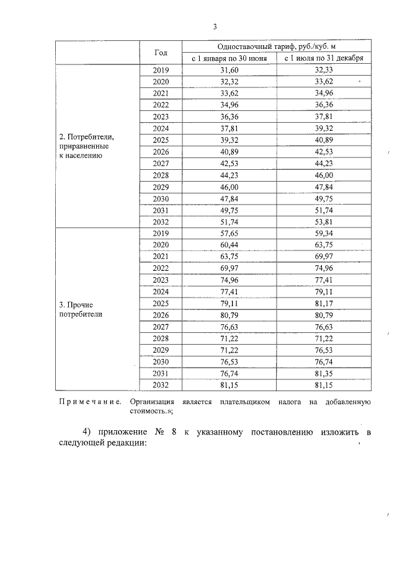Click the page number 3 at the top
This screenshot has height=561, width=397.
coord(215,27)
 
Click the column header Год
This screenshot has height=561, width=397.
coord(161,53)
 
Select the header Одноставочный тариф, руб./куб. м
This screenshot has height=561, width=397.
coord(277,46)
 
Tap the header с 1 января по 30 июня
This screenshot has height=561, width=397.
coord(230,58)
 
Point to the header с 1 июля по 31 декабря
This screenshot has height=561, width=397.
coord(324,58)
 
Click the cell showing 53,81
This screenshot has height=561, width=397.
coord(324,221)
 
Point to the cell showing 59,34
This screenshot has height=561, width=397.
coord(324,233)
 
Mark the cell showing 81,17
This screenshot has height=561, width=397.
coord(324,303)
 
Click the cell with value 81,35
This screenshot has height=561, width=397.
coord(324,374)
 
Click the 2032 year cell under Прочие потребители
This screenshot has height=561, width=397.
coord(161,385)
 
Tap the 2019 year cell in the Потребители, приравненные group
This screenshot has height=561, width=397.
coord(161,70)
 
